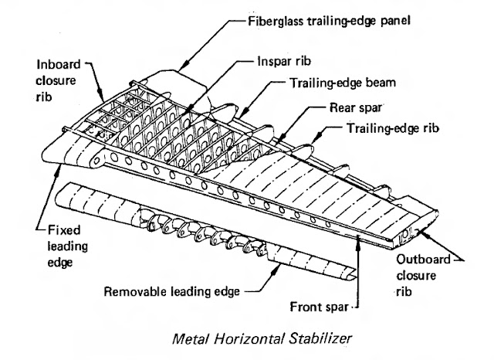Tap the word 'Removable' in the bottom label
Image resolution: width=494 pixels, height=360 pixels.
click(131, 292)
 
